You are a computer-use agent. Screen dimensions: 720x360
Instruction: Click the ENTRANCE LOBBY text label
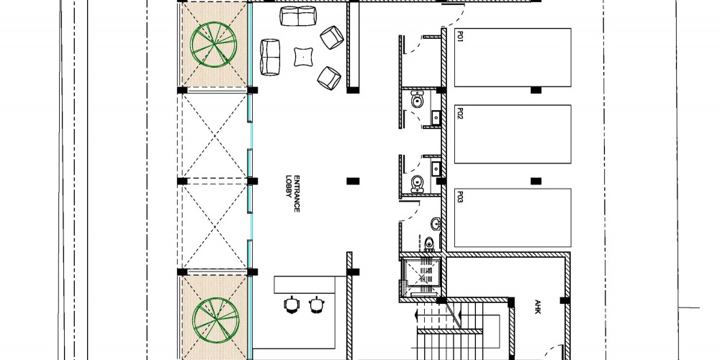pyautogui.click(x=293, y=193)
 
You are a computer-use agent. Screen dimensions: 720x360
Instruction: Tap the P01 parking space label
pyautogui.click(x=459, y=36)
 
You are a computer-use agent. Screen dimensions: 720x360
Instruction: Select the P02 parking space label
pyautogui.click(x=459, y=113)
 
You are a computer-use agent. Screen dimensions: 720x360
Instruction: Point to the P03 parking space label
pyautogui.click(x=459, y=197)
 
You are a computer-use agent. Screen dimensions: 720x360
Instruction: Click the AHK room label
pyautogui.click(x=538, y=307)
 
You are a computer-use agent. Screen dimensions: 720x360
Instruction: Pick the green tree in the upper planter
pyautogui.click(x=214, y=45)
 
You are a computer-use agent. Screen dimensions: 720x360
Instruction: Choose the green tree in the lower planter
pyautogui.click(x=215, y=320)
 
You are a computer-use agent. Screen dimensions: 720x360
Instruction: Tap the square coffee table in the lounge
pyautogui.click(x=304, y=57)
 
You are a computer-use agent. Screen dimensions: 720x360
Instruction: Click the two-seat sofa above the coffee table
pyautogui.click(x=298, y=16)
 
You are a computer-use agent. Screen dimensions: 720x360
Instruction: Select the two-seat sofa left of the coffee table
pyautogui.click(x=270, y=57)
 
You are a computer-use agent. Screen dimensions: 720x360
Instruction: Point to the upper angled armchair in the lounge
pyautogui.click(x=332, y=37)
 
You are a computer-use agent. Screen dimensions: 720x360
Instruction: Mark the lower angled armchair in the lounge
pyautogui.click(x=329, y=78)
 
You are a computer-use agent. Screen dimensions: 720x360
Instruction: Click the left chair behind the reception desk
pyautogui.click(x=291, y=304)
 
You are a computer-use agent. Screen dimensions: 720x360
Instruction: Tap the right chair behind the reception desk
pyautogui.click(x=316, y=304)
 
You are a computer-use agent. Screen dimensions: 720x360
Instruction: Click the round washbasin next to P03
pyautogui.click(x=436, y=224)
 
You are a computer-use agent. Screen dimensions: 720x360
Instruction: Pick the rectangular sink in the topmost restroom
pyautogui.click(x=436, y=117)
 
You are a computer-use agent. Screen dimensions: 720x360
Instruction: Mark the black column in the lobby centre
pyautogui.click(x=353, y=181)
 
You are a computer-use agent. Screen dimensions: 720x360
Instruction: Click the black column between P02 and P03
pyautogui.click(x=536, y=181)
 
